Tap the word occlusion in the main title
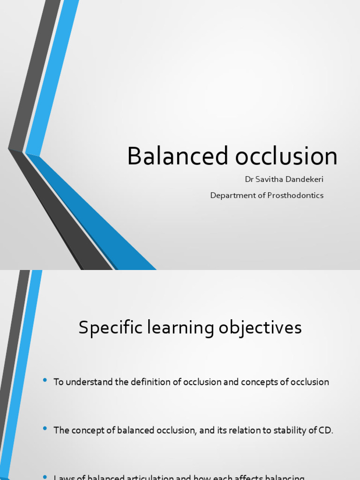[x=286, y=156]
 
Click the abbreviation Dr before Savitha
[x=249, y=180]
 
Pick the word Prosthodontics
[x=295, y=195]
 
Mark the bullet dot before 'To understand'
[x=45, y=380]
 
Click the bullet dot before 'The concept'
[x=45, y=428]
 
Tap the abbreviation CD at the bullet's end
[x=326, y=430]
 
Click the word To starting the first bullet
[x=59, y=382]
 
